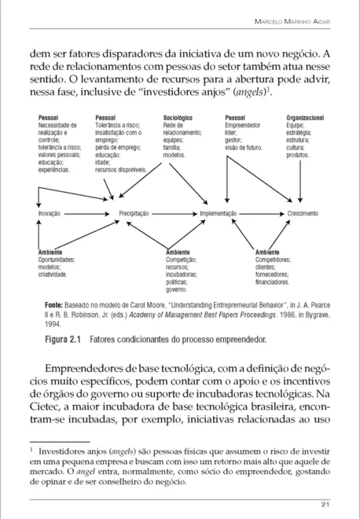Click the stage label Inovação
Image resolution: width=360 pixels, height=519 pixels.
[x=50, y=213]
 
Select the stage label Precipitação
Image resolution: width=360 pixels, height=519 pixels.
[x=134, y=213]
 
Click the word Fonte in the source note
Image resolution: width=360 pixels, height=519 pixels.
[x=53, y=303]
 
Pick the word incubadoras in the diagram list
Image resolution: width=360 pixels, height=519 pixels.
[x=183, y=273]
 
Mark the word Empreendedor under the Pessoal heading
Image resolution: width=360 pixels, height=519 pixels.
[x=243, y=125]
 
